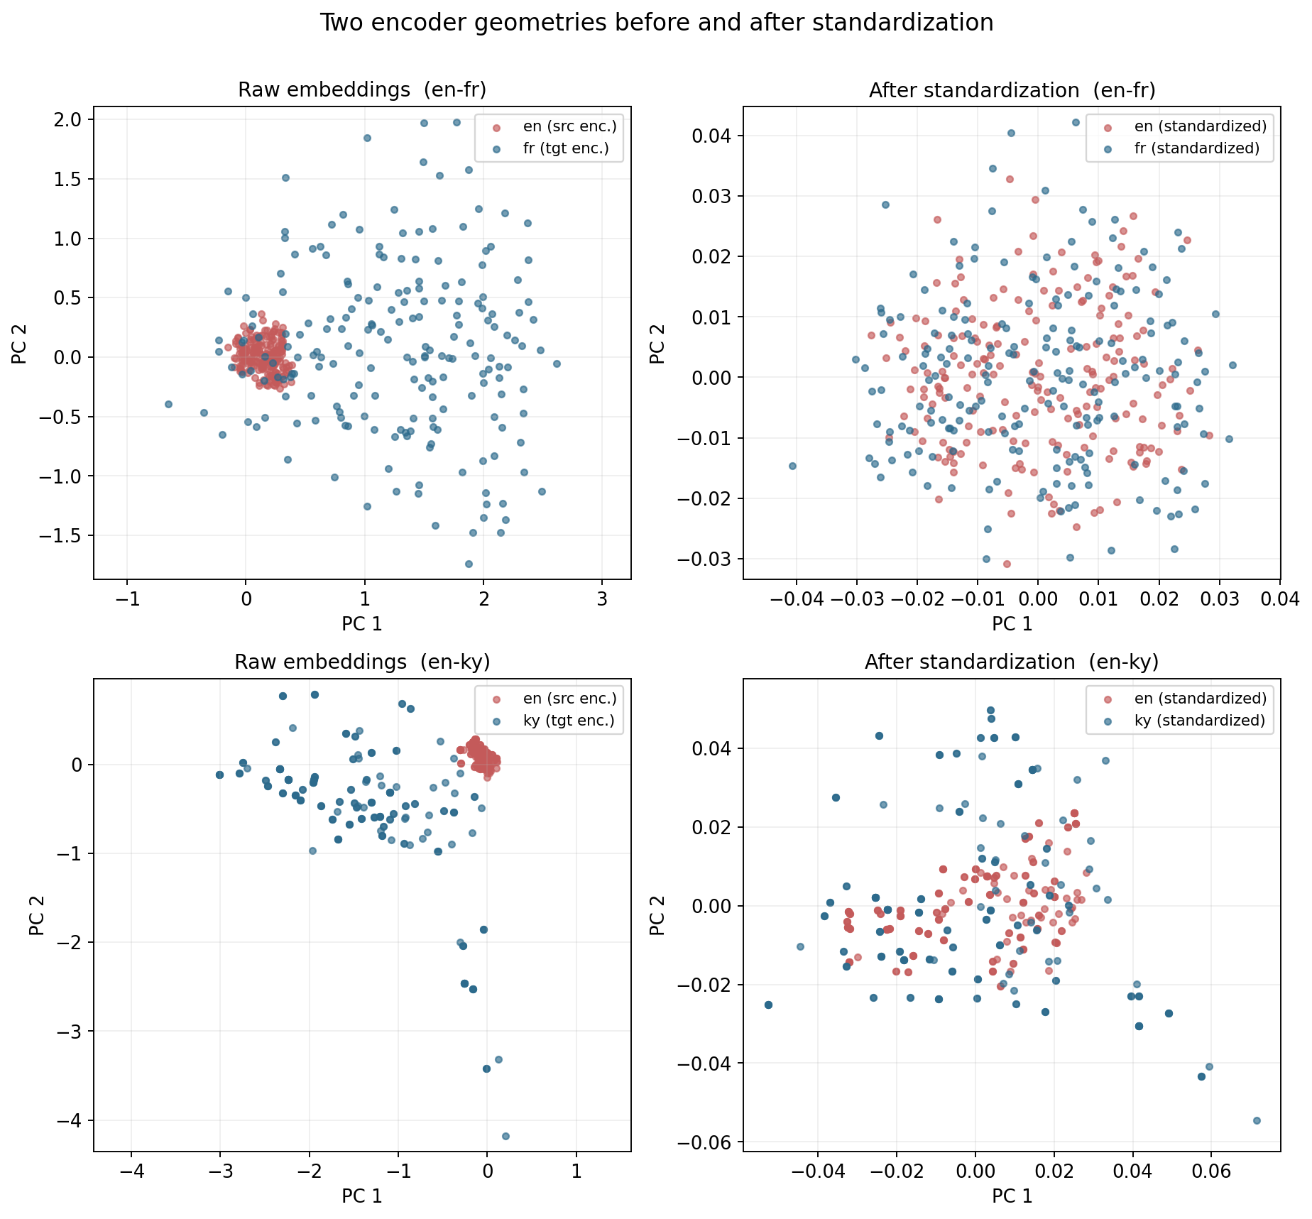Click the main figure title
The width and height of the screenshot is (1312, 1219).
pyautogui.click(x=656, y=23)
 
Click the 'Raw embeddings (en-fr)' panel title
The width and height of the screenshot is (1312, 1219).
pyautogui.click(x=362, y=90)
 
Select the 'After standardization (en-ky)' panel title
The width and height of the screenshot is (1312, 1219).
pyautogui.click(x=1012, y=662)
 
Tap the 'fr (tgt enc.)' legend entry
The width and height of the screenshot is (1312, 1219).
pyautogui.click(x=566, y=148)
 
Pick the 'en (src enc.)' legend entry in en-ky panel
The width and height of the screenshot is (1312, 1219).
pyautogui.click(x=569, y=698)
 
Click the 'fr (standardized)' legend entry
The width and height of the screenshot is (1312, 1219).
pyautogui.click(x=1197, y=148)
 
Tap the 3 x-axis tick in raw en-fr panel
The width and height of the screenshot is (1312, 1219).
pyautogui.click(x=602, y=598)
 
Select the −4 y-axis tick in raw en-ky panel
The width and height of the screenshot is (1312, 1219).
pyautogui.click(x=71, y=1120)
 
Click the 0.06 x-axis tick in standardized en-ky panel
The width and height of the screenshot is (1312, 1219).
pyautogui.click(x=1211, y=1171)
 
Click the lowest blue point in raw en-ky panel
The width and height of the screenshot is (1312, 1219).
pyautogui.click(x=505, y=1136)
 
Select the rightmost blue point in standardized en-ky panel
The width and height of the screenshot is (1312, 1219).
pyautogui.click(x=1257, y=1120)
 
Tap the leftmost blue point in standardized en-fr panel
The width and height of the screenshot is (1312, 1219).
pyautogui.click(x=792, y=466)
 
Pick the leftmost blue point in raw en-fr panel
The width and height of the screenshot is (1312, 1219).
pyautogui.click(x=168, y=404)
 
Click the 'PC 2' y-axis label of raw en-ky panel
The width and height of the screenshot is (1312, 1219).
pyautogui.click(x=38, y=915)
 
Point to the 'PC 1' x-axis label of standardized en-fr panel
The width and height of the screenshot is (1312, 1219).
pyautogui.click(x=1012, y=623)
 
